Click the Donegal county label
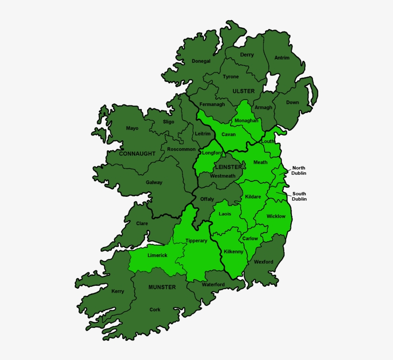201,61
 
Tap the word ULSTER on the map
243,91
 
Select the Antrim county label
282,58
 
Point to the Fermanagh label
212,104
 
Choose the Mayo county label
132,128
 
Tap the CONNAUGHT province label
137,154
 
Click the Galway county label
154,182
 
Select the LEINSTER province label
229,167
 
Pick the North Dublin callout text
299,171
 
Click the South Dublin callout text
299,196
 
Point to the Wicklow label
276,216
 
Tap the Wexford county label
263,262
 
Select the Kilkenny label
233,251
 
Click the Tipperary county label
196,241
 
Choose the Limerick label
157,256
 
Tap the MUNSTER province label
162,287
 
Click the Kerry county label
117,292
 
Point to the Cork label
155,310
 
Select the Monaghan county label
246,121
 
